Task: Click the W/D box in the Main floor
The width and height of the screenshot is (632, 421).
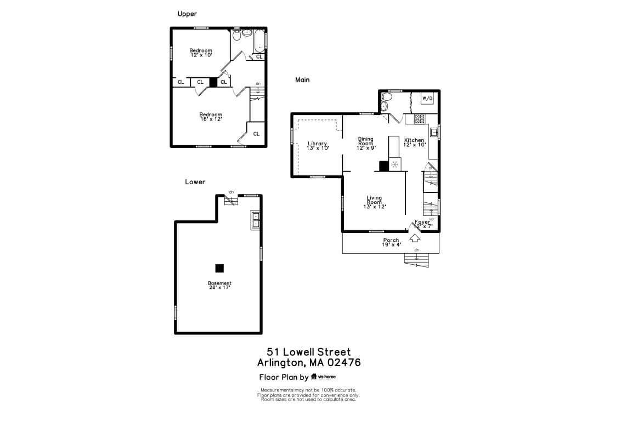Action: tap(427, 98)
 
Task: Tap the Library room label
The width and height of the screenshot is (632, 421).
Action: tap(318, 146)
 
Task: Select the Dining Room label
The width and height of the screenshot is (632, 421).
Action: tap(366, 143)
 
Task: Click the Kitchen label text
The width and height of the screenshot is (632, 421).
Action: tap(414, 143)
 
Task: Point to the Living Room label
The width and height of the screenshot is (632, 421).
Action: tap(374, 202)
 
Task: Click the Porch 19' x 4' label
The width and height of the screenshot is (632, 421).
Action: tap(391, 242)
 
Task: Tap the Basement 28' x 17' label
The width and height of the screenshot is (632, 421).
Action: tap(219, 285)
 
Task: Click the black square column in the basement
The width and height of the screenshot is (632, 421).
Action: tap(219, 268)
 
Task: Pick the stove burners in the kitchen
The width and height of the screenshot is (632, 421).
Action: tap(420, 118)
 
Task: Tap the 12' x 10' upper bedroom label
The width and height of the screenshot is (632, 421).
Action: tap(201, 53)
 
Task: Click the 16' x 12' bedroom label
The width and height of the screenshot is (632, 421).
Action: tap(211, 117)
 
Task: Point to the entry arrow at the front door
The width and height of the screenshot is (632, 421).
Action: tap(415, 238)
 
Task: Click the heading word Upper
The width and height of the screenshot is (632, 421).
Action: tap(187, 14)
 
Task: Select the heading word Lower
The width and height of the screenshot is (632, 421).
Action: tap(195, 182)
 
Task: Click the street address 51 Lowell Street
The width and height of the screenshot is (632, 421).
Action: tap(309, 352)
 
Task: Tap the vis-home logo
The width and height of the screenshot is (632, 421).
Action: tap(323, 377)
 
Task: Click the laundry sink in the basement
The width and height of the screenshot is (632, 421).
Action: tap(256, 220)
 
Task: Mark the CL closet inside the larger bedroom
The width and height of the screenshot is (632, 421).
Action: tap(256, 134)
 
